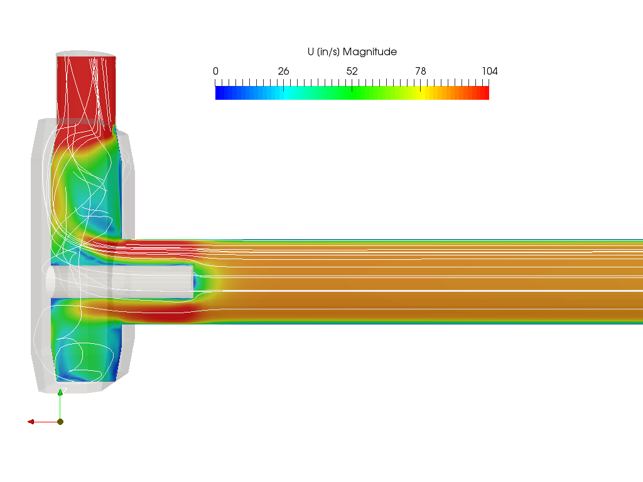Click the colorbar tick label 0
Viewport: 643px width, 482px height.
[216, 72]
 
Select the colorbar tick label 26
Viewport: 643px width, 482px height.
[283, 72]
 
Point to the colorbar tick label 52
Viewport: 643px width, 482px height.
[352, 72]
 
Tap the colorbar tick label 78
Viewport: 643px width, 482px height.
[420, 72]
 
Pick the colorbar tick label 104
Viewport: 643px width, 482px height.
[490, 72]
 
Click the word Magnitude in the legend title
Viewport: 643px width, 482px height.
[369, 52]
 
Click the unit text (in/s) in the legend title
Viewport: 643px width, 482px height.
[328, 52]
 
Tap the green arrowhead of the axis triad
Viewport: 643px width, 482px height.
[60, 392]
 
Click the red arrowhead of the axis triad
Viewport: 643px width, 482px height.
[31, 422]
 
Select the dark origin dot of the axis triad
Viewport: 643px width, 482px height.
[60, 422]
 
